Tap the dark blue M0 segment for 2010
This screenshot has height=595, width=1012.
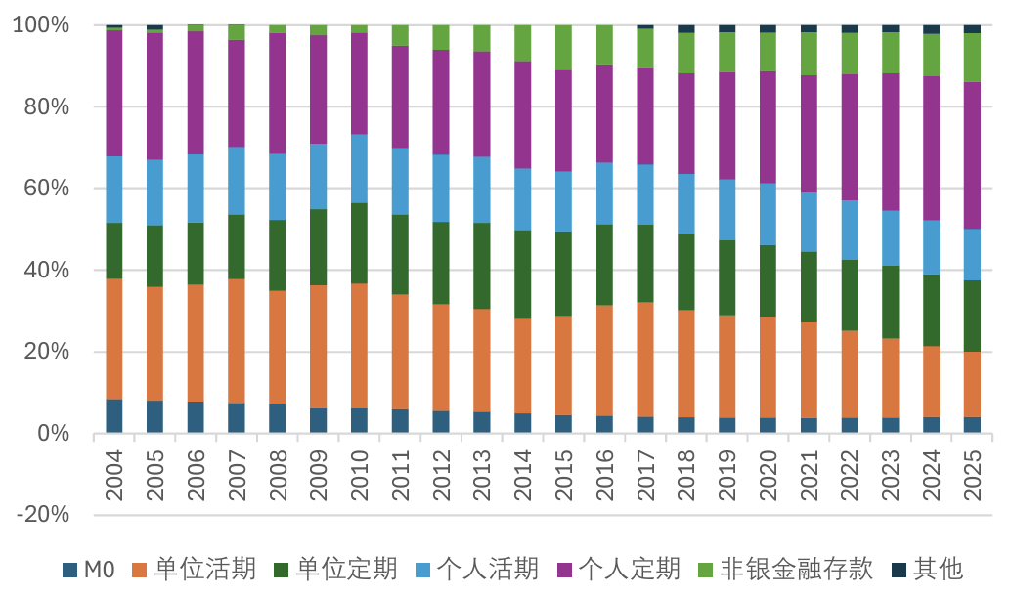coord(359,420)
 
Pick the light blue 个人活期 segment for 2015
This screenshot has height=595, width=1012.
coord(563,201)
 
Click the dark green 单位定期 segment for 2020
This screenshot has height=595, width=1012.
coord(768,280)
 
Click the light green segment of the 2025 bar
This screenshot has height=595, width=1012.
coord(972,58)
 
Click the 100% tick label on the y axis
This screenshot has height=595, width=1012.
coord(41,25)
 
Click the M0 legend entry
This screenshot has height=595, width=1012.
coord(99,570)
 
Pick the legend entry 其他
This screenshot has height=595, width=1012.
coord(937,570)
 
